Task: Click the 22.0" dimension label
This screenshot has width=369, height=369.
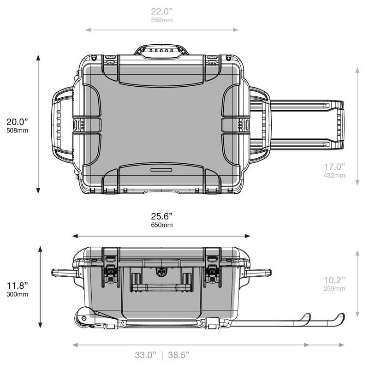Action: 162,11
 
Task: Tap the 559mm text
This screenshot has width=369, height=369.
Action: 162,20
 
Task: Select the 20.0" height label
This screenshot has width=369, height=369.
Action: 17,122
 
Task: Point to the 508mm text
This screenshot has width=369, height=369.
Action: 17,131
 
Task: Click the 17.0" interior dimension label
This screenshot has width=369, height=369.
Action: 334,167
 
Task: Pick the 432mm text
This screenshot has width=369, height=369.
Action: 334,175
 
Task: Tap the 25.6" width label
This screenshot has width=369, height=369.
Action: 162,216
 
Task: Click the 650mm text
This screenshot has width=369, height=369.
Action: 162,225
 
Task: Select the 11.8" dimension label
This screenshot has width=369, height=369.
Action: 17,286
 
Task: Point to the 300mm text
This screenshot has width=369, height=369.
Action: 17,294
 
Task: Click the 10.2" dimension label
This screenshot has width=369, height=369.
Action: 334,280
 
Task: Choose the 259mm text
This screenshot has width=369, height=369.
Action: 334,289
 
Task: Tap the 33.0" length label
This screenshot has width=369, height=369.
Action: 146,355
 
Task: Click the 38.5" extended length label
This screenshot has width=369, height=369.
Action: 179,355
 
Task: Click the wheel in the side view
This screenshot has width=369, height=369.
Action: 84,318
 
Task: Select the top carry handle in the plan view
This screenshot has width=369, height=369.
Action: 161,50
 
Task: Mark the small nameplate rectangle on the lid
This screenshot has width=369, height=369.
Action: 161,170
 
